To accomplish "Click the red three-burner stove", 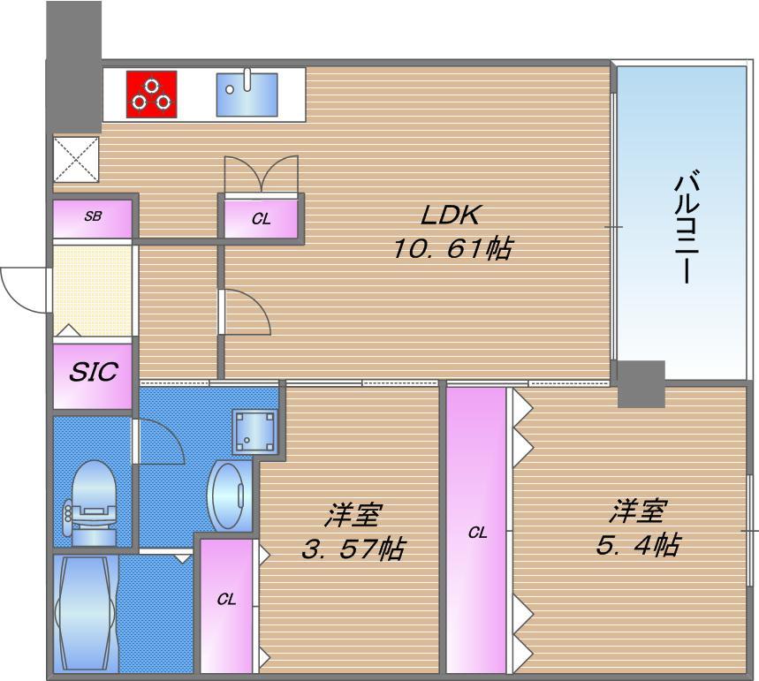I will (x=152, y=94).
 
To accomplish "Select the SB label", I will (x=93, y=215).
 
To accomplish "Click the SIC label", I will (x=94, y=372).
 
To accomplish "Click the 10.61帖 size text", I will (x=452, y=249).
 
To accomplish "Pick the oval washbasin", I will (x=227, y=496).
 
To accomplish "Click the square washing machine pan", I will (x=255, y=431).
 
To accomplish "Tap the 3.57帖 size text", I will (x=353, y=549).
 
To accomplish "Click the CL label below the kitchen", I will (x=261, y=218).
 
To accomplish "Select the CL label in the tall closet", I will (x=477, y=533).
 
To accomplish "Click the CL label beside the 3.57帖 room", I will (x=227, y=600).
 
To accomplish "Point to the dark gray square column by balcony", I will (x=640, y=383).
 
